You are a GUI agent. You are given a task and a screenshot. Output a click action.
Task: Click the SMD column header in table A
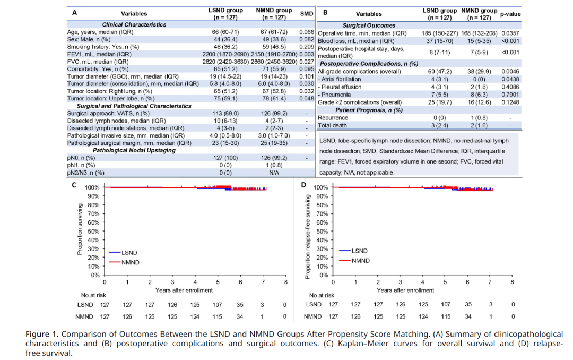coord(307,13)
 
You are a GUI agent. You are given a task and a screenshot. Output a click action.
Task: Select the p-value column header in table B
coord(510,14)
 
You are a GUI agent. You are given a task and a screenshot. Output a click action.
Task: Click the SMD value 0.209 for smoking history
coord(307,47)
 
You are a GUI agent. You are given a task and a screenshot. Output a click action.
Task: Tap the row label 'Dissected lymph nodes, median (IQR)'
coord(116,121)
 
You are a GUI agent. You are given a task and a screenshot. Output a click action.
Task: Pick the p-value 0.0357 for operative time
coord(510,33)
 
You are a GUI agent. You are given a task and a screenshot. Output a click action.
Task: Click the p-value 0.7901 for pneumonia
coord(510,95)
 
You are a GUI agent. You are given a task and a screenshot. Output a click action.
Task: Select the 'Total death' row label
coord(332,125)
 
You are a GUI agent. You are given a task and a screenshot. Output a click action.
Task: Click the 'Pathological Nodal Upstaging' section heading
coord(134,150)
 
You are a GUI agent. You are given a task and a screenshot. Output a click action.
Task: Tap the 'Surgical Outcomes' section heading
coord(369,25)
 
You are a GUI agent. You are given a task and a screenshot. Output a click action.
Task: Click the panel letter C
coord(74,185)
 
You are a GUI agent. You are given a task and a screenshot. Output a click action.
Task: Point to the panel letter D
coord(303,185)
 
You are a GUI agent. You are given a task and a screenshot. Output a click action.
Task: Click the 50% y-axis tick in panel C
coord(93,231)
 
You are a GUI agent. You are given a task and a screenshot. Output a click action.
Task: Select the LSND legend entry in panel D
coord(353,251)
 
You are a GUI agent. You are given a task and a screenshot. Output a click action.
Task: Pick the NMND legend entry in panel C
coord(124,262)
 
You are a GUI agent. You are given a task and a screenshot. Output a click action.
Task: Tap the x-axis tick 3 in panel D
coord(400,282)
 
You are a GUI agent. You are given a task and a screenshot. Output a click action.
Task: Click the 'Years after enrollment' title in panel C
coord(184,290)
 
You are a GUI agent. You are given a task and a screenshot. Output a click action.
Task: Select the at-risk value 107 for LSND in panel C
coord(217,305)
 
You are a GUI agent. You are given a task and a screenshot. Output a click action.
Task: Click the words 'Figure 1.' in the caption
coord(42,334)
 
